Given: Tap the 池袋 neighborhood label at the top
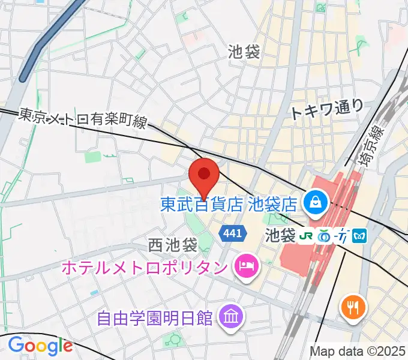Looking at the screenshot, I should [244, 52].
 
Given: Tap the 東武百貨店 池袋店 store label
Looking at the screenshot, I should [229, 204].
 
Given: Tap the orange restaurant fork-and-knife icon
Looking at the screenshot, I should [352, 308].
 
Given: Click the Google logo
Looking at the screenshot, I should [40, 346].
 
